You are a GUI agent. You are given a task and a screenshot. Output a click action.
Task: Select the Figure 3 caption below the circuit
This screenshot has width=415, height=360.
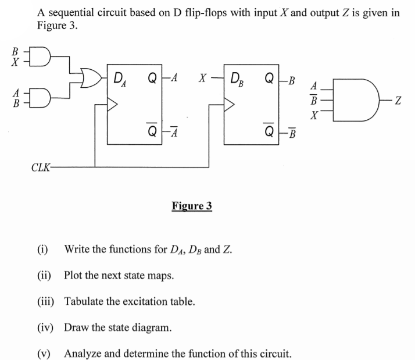pos(192,206)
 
